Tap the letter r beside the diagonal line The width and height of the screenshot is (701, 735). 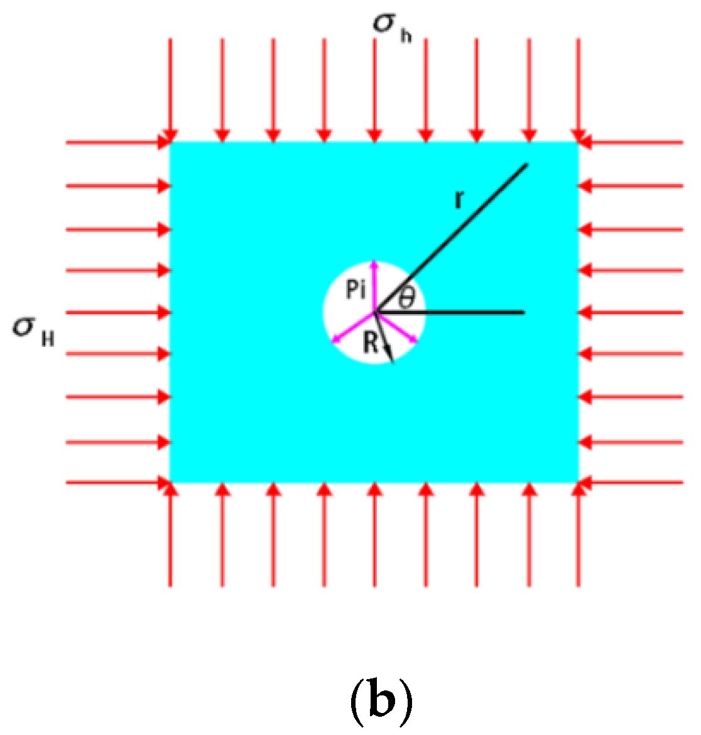(x=459, y=199)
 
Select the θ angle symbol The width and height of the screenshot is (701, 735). (x=407, y=297)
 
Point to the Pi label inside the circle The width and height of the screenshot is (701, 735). (x=356, y=290)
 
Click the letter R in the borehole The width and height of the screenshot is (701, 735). (x=371, y=343)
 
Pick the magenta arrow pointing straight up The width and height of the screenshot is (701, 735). (x=375, y=286)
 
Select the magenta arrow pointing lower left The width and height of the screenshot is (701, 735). (x=354, y=327)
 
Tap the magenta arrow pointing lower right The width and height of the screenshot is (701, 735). (x=396, y=327)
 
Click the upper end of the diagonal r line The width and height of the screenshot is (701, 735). (x=526, y=165)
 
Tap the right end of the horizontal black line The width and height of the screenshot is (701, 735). (x=523, y=312)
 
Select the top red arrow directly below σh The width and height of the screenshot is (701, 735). (x=375, y=88)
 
